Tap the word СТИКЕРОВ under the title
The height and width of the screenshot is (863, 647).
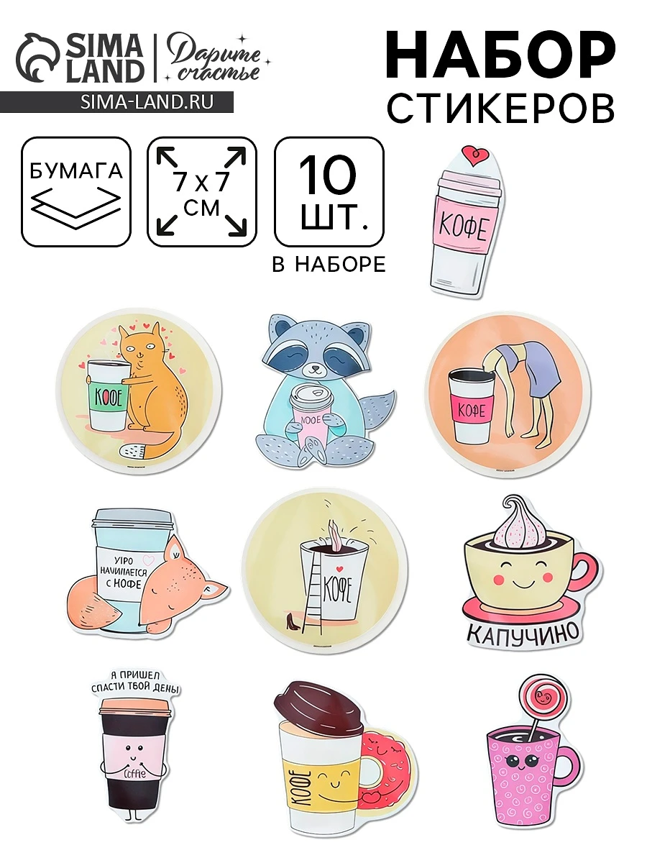pos(501,108)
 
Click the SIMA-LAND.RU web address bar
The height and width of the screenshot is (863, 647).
pos(117,102)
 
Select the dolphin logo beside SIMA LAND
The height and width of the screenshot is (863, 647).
pos(40,58)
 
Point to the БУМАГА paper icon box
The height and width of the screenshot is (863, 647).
pos(76,191)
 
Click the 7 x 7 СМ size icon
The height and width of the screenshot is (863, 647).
pos(201,191)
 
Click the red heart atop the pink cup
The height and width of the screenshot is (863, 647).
pos(474,154)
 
